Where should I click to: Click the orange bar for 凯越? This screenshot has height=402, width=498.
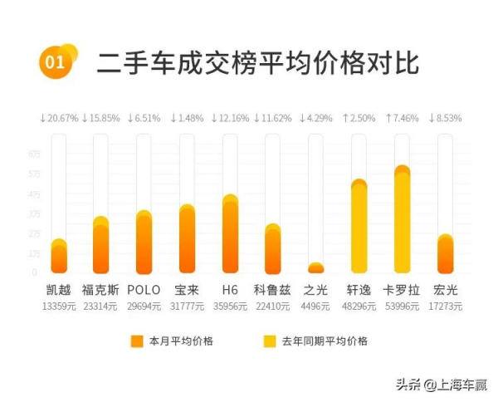click(59, 257)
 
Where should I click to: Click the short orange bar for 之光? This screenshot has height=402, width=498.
click(316, 268)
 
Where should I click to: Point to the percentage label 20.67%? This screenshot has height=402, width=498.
click(59, 119)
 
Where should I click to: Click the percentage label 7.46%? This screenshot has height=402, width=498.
click(403, 119)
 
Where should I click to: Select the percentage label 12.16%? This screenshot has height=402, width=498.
click(230, 119)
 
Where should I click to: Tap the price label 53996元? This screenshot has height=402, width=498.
click(403, 306)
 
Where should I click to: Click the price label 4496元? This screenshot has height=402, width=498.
click(316, 306)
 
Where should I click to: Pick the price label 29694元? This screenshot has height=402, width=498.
click(144, 306)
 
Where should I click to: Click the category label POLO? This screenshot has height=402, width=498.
click(144, 291)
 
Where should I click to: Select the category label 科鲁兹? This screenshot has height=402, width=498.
click(273, 291)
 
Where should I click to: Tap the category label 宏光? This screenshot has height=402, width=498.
click(446, 291)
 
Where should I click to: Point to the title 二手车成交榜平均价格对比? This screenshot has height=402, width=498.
click(257, 62)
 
